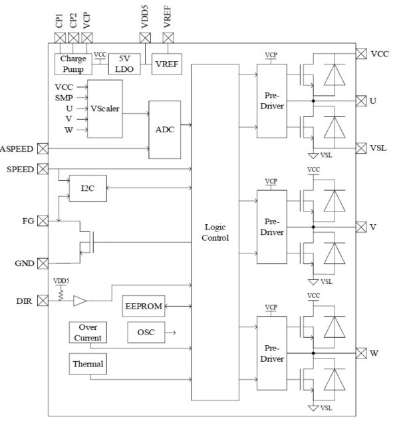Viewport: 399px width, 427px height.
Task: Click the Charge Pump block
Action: click(73, 64)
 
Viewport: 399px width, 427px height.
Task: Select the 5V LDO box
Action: click(124, 64)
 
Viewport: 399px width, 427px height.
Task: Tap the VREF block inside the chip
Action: click(167, 64)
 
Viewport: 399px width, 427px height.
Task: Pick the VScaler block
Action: click(105, 108)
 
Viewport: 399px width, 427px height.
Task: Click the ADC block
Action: click(164, 130)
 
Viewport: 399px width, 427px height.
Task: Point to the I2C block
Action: click(88, 188)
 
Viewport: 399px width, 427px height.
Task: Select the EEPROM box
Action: click(144, 306)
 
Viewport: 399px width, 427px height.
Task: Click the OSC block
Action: click(146, 333)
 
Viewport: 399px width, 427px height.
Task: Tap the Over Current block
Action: click(88, 333)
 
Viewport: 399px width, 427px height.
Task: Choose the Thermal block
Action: click(88, 364)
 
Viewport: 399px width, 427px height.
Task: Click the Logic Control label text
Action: click(215, 232)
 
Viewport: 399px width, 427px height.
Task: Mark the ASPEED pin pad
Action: click(43, 148)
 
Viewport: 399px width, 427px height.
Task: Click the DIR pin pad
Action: click(43, 301)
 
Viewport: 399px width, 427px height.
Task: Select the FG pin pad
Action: click(43, 221)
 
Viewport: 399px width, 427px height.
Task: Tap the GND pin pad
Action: click(43, 263)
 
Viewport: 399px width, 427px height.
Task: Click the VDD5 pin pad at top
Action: click(145, 38)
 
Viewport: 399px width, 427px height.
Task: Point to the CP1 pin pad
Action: click(61, 38)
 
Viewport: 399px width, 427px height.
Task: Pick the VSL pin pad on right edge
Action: click(361, 148)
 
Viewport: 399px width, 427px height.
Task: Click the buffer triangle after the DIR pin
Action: click(80, 301)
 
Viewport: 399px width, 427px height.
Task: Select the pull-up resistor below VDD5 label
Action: click(61, 295)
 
